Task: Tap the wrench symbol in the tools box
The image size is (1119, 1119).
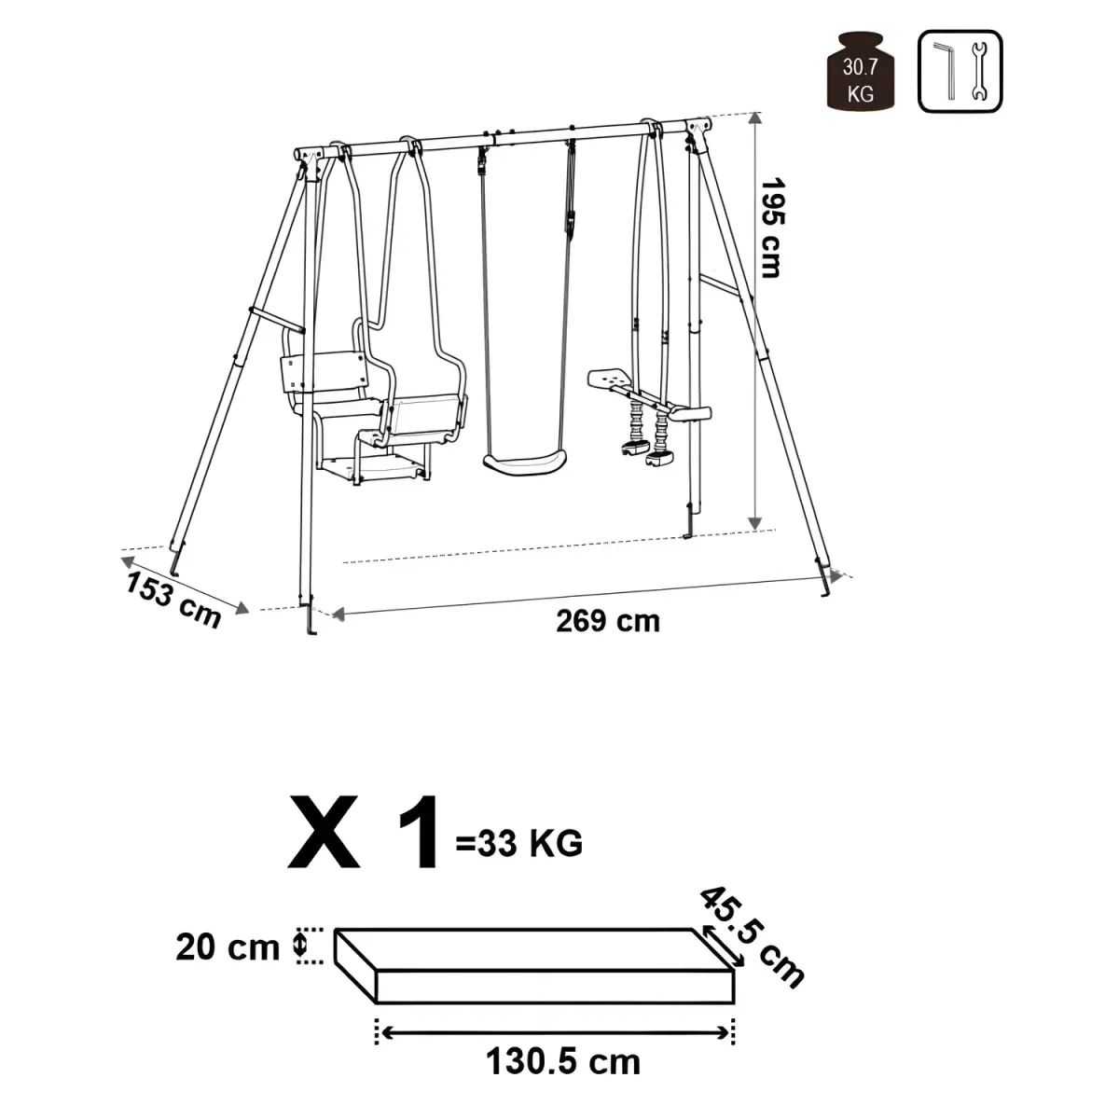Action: point(978,72)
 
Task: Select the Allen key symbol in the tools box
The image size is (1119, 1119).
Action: point(946,70)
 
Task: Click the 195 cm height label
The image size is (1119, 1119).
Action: point(772,228)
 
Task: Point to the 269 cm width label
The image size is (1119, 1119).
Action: point(608,621)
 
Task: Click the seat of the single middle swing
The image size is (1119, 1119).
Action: point(524,463)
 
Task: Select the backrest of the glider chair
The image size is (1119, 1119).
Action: point(324,372)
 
